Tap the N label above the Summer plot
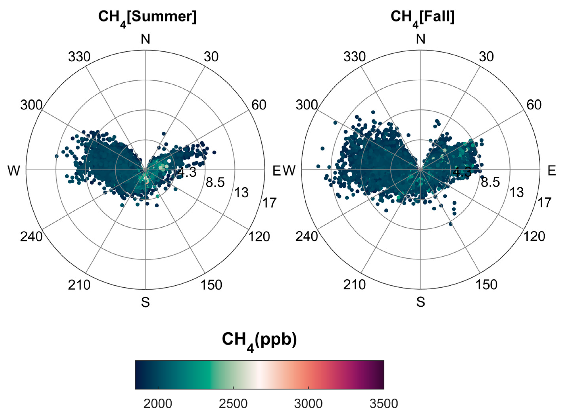[145, 39]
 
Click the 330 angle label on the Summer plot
[79, 57]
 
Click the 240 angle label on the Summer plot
[31, 237]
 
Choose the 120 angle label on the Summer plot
[259, 237]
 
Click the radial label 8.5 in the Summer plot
[215, 182]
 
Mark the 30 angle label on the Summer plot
[211, 57]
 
